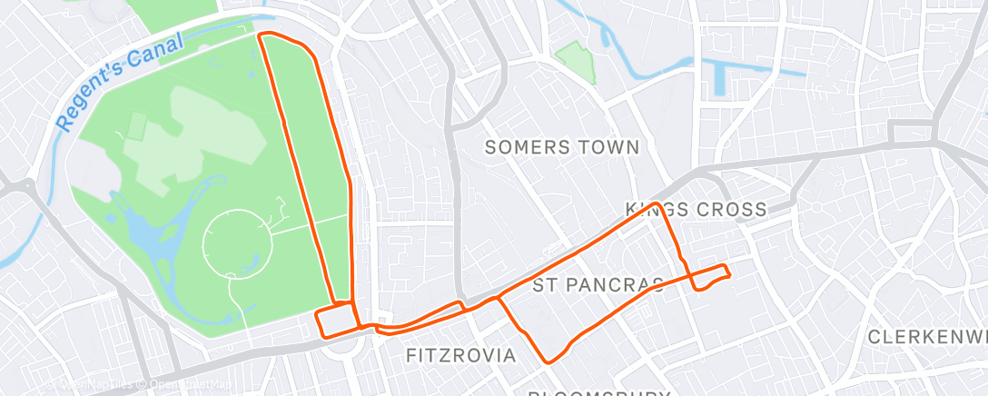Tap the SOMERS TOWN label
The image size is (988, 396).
click(x=562, y=147)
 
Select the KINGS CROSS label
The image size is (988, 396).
click(x=697, y=210)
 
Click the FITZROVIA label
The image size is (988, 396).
click(x=460, y=354)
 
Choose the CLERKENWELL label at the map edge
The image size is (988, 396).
click(x=926, y=337)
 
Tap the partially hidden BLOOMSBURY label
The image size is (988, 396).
click(x=599, y=392)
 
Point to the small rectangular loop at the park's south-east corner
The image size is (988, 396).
click(x=335, y=320)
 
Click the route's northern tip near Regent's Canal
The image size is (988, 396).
click(x=263, y=35)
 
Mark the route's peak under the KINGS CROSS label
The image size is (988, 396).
click(x=656, y=204)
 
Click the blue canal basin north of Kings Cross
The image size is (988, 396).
click(x=721, y=76)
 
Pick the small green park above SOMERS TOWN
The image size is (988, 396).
click(x=576, y=61)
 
